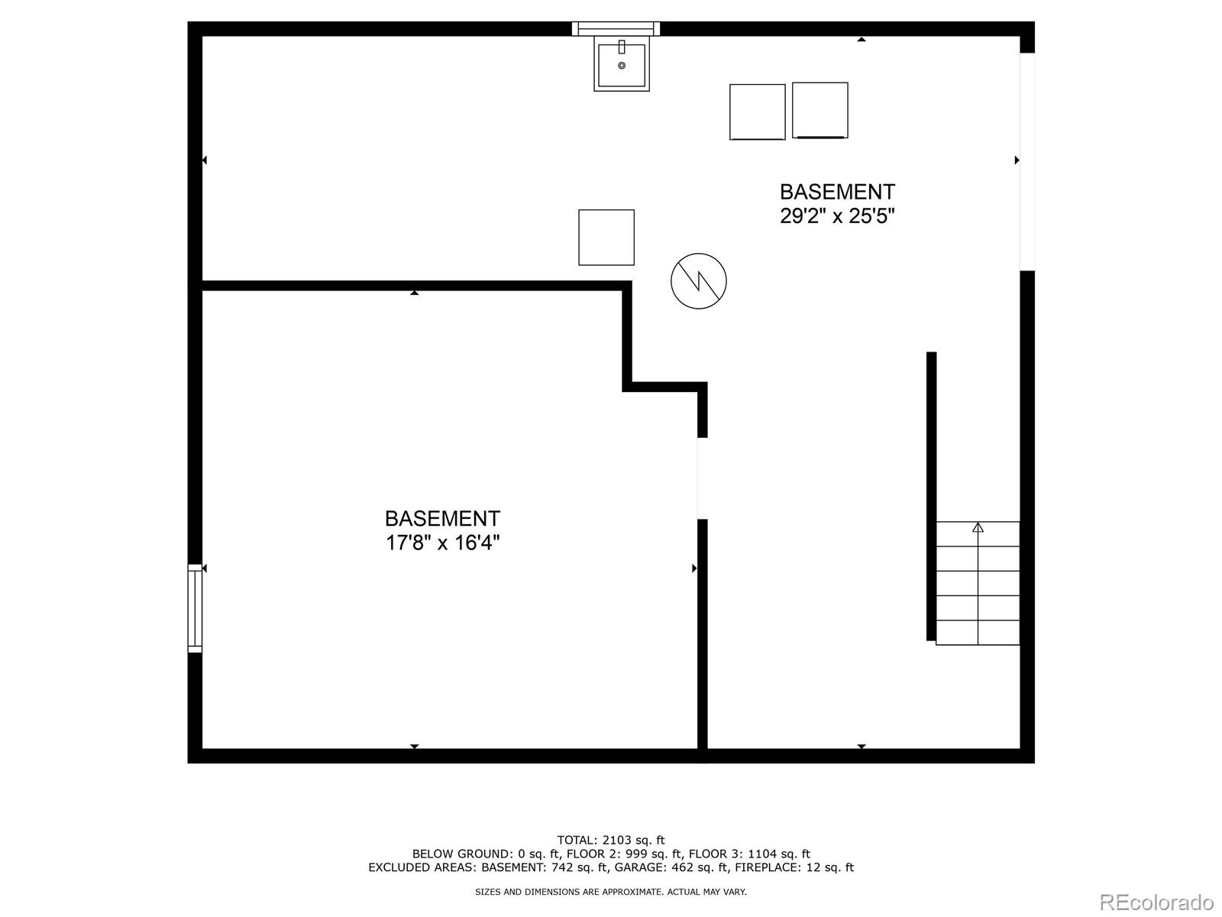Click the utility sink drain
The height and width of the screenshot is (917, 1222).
[621, 65]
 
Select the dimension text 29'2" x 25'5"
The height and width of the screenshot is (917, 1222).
[837, 216]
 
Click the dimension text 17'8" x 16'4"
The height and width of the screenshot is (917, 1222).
[442, 543]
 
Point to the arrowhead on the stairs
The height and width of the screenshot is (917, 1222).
[978, 527]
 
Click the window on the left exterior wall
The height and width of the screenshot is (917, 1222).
[194, 608]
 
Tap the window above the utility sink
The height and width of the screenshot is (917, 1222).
[616, 28]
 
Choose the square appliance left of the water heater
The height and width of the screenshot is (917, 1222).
[606, 237]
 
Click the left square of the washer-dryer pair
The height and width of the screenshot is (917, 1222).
[757, 112]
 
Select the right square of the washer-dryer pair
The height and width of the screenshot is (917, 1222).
[820, 110]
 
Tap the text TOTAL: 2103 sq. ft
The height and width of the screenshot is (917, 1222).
[611, 840]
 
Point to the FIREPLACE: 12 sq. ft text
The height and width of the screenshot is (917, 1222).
[794, 867]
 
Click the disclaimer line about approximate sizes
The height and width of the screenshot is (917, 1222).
[611, 892]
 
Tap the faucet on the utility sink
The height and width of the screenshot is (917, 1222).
[621, 47]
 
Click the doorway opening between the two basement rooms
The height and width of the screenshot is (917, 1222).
[703, 478]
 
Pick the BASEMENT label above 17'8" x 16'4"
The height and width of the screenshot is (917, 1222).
[442, 518]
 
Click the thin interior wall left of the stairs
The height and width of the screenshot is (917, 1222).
[931, 496]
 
